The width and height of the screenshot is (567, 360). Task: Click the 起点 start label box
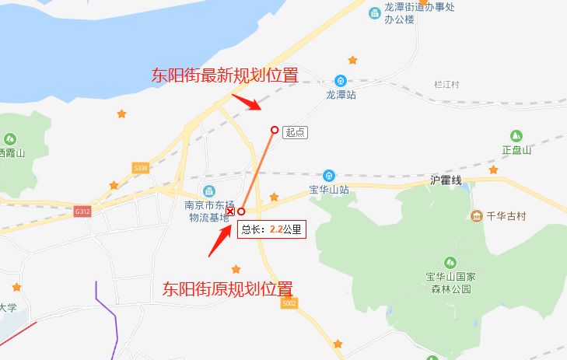[296, 132]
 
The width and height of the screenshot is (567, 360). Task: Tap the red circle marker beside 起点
[274, 130]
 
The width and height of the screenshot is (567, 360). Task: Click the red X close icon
[230, 211]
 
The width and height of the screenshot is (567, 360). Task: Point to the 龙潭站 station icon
[340, 80]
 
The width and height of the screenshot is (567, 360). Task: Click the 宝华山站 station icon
[329, 176]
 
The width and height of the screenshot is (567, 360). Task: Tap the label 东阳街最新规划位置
[226, 75]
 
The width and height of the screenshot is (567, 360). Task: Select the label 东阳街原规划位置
[227, 288]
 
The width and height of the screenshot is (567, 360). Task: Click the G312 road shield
[83, 211]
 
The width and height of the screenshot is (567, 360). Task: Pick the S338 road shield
[141, 167]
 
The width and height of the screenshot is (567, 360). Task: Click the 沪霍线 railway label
[446, 180]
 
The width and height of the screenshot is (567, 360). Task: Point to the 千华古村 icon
[477, 215]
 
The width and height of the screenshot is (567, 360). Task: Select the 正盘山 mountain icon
[516, 136]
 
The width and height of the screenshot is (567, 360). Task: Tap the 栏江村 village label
[447, 84]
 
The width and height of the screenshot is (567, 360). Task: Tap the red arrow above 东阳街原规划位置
[218, 242]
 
